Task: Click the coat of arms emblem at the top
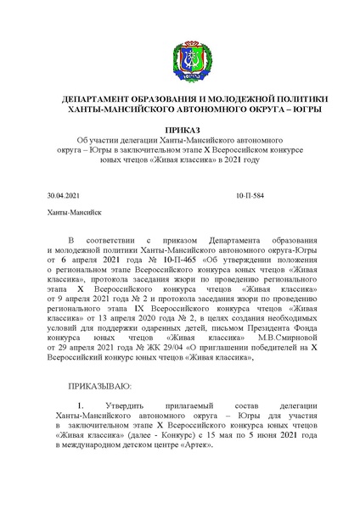pyautogui.click(x=180, y=47)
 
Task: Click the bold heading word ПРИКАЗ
pyautogui.click(x=179, y=126)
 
